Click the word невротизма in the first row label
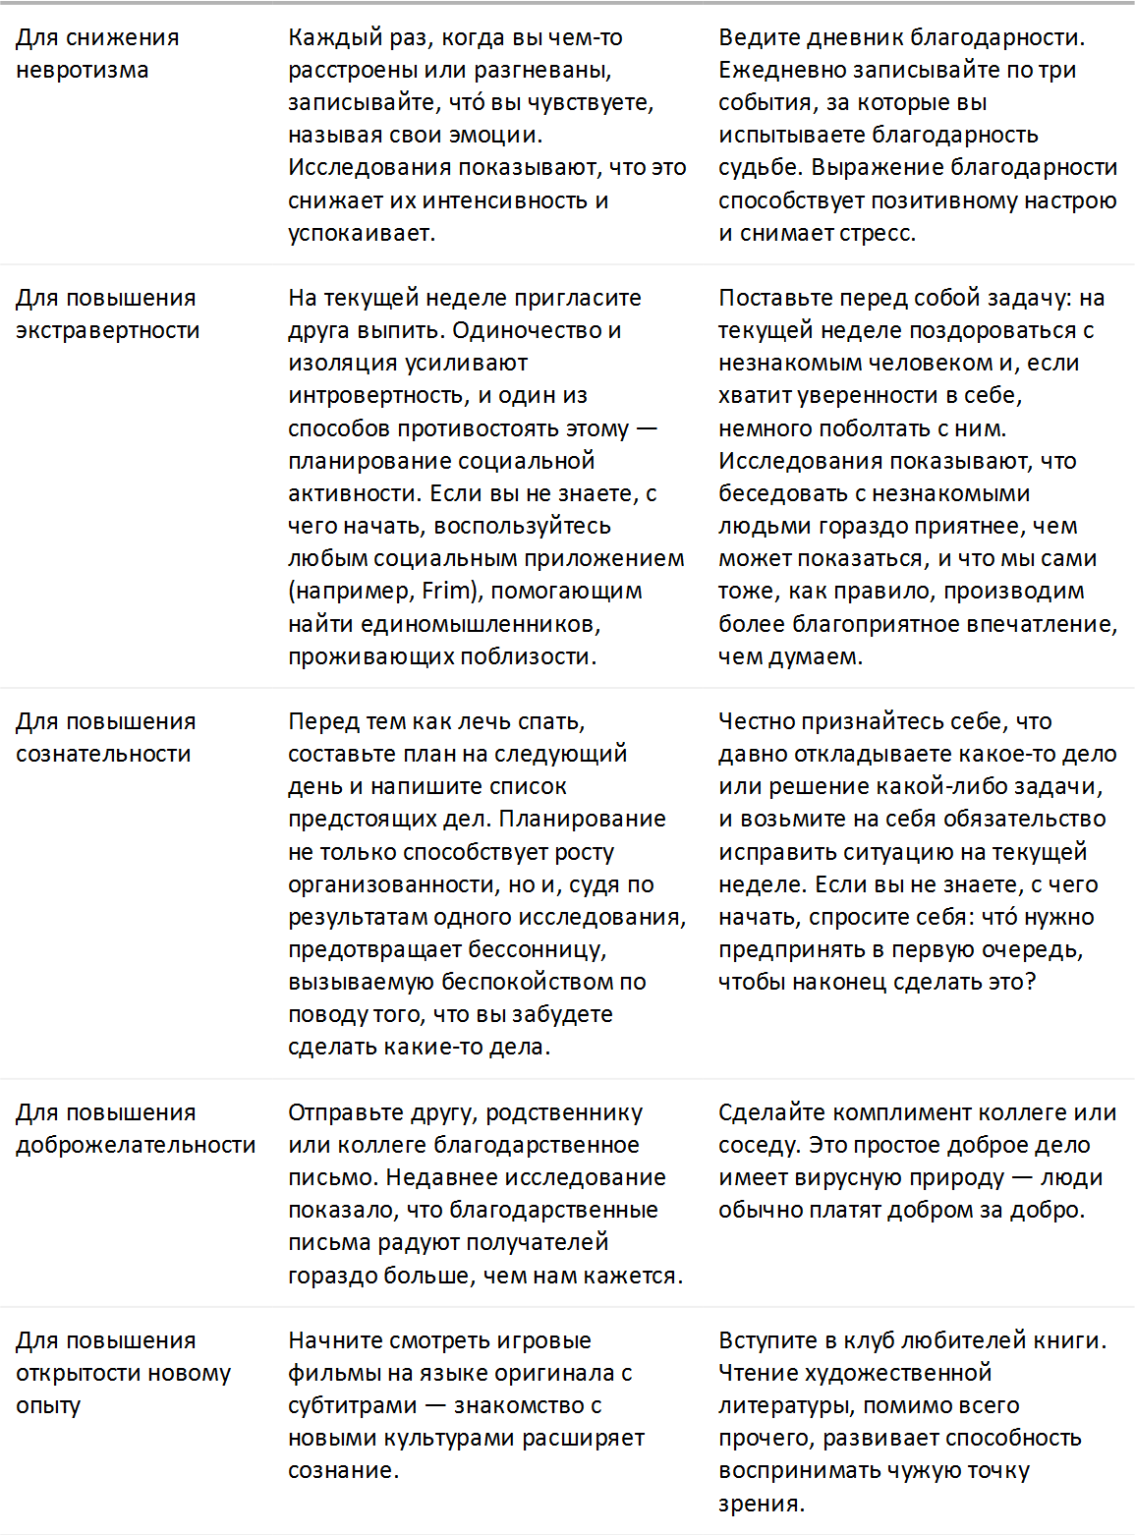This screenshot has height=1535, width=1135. (x=82, y=71)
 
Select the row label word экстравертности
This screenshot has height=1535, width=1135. (x=107, y=331)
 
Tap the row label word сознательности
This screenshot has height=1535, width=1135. (x=103, y=755)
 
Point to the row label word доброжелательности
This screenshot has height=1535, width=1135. (x=136, y=1146)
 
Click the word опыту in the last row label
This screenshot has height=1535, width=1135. (x=47, y=1406)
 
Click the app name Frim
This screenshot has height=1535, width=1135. (x=447, y=592)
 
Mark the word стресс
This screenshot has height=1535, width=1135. (x=878, y=234)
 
